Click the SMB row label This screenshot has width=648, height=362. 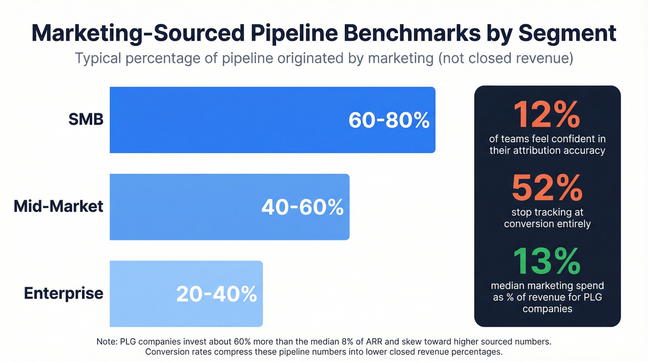pos(86,120)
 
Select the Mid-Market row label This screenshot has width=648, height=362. pos(58,206)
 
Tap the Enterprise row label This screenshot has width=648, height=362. pos(63,293)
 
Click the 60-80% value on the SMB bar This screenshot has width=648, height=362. pos(389,120)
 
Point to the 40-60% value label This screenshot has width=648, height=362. pos(302,207)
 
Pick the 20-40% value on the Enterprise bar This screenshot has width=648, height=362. pos(216,294)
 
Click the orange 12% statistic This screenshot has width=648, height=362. pos(547,114)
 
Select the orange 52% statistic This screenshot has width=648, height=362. pos(547,188)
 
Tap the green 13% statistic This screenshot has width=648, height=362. pos(547,261)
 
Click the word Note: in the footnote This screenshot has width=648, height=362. pos(107,342)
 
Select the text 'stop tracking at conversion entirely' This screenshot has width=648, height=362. pos(547,218)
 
